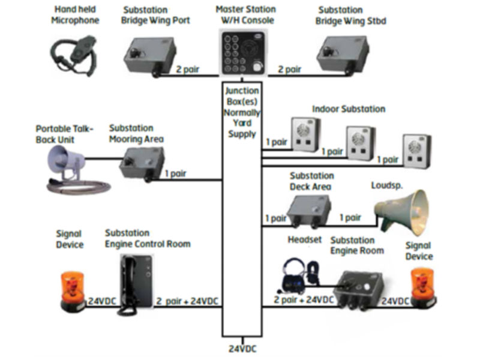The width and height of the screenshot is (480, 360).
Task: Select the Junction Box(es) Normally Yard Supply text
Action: pyautogui.click(x=242, y=112)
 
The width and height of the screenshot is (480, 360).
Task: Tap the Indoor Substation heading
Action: pyautogui.click(x=349, y=109)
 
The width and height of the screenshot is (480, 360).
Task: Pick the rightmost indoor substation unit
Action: pyautogui.click(x=417, y=149)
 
